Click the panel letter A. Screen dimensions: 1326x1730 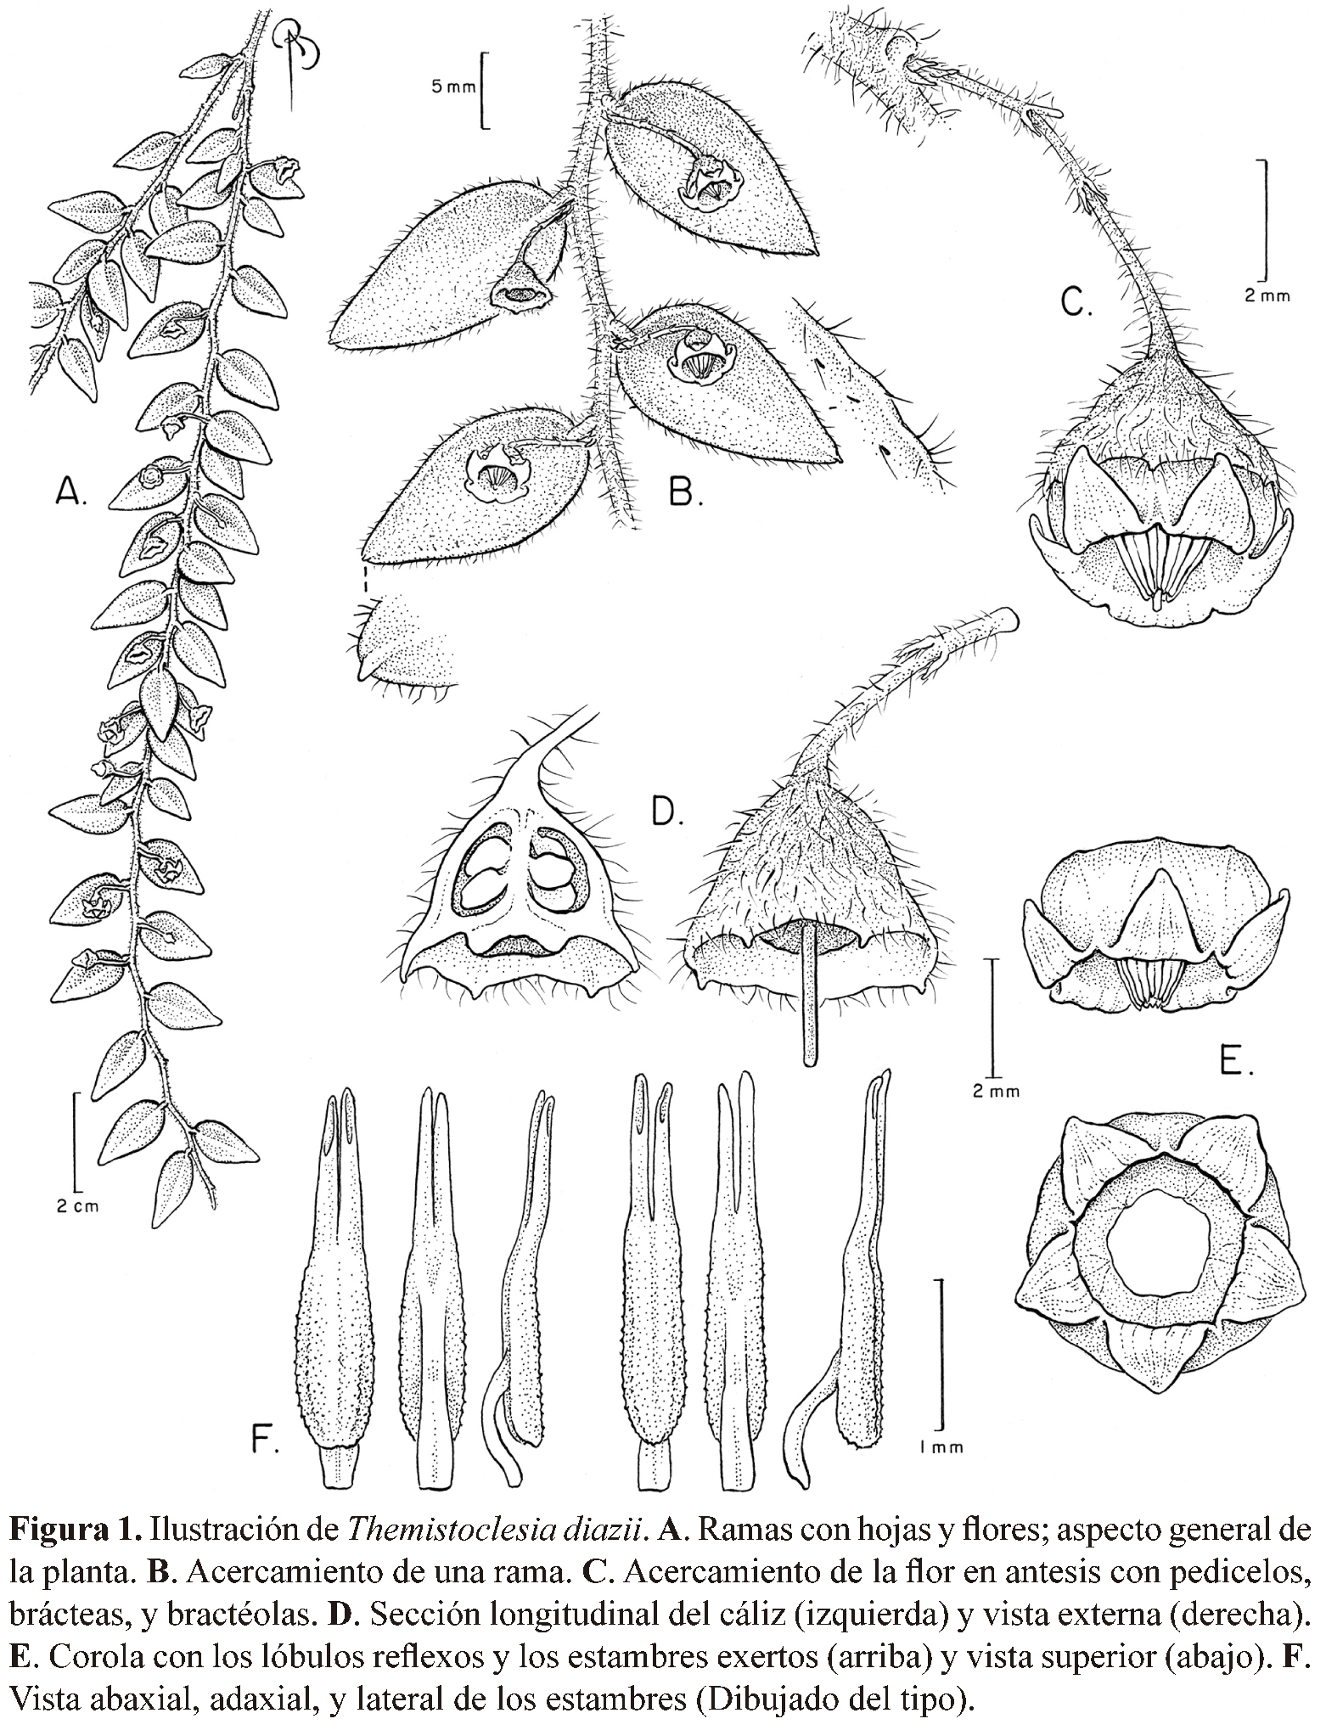(70, 490)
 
